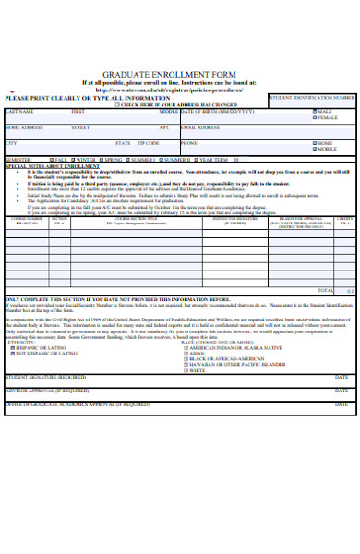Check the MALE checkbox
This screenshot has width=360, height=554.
click(315, 111)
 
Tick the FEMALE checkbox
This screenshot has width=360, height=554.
click(315, 118)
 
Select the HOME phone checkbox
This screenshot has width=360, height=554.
click(315, 144)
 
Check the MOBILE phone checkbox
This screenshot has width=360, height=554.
click(315, 150)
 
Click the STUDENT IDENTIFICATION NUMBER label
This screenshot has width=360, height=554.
click(312, 97)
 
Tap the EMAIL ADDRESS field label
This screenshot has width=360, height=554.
click(200, 127)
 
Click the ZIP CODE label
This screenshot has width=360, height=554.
click(148, 144)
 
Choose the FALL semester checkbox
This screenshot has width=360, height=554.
click(52, 160)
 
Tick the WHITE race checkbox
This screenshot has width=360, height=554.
click(186, 369)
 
